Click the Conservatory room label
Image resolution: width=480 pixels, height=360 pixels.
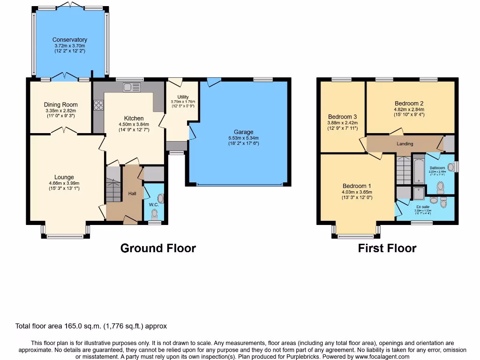(69, 40)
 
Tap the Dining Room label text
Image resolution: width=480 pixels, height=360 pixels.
(60, 105)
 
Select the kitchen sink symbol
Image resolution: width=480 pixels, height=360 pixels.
(132, 87)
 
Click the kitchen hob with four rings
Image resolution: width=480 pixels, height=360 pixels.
(98, 106)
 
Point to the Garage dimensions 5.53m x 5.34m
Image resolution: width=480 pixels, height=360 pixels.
(243, 138)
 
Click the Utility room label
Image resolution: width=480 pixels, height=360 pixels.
(183, 97)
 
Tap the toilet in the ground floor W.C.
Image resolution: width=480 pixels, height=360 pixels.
(155, 213)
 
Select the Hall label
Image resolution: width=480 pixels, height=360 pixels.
(132, 194)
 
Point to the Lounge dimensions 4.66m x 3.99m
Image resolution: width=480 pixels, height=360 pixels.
(64, 183)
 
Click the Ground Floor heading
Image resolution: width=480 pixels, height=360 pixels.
(158, 248)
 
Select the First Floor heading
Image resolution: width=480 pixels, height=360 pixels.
(387, 248)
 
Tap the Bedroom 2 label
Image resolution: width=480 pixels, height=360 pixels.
(409, 104)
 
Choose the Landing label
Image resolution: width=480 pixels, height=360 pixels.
(405, 144)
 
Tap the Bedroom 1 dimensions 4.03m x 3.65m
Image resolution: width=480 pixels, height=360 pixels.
(357, 191)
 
